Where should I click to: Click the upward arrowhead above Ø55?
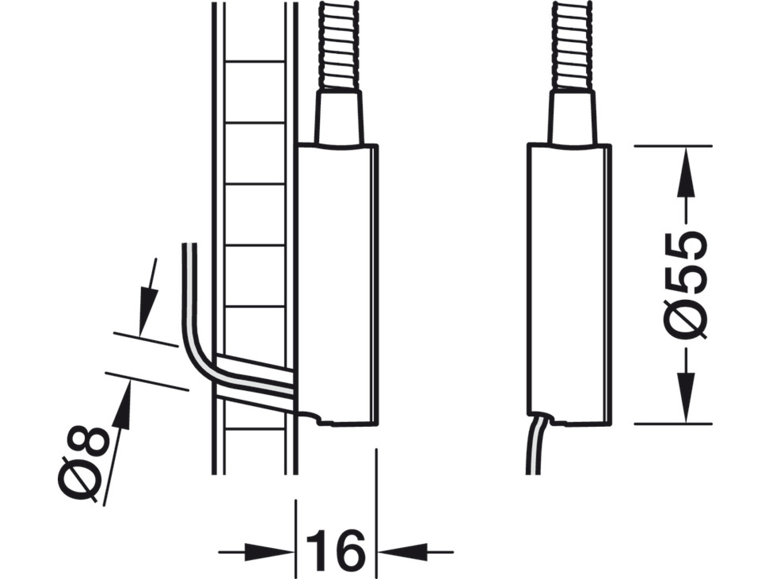686,173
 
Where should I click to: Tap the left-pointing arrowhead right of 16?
403,552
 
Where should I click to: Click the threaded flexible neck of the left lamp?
339,45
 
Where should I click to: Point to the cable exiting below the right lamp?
535,446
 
